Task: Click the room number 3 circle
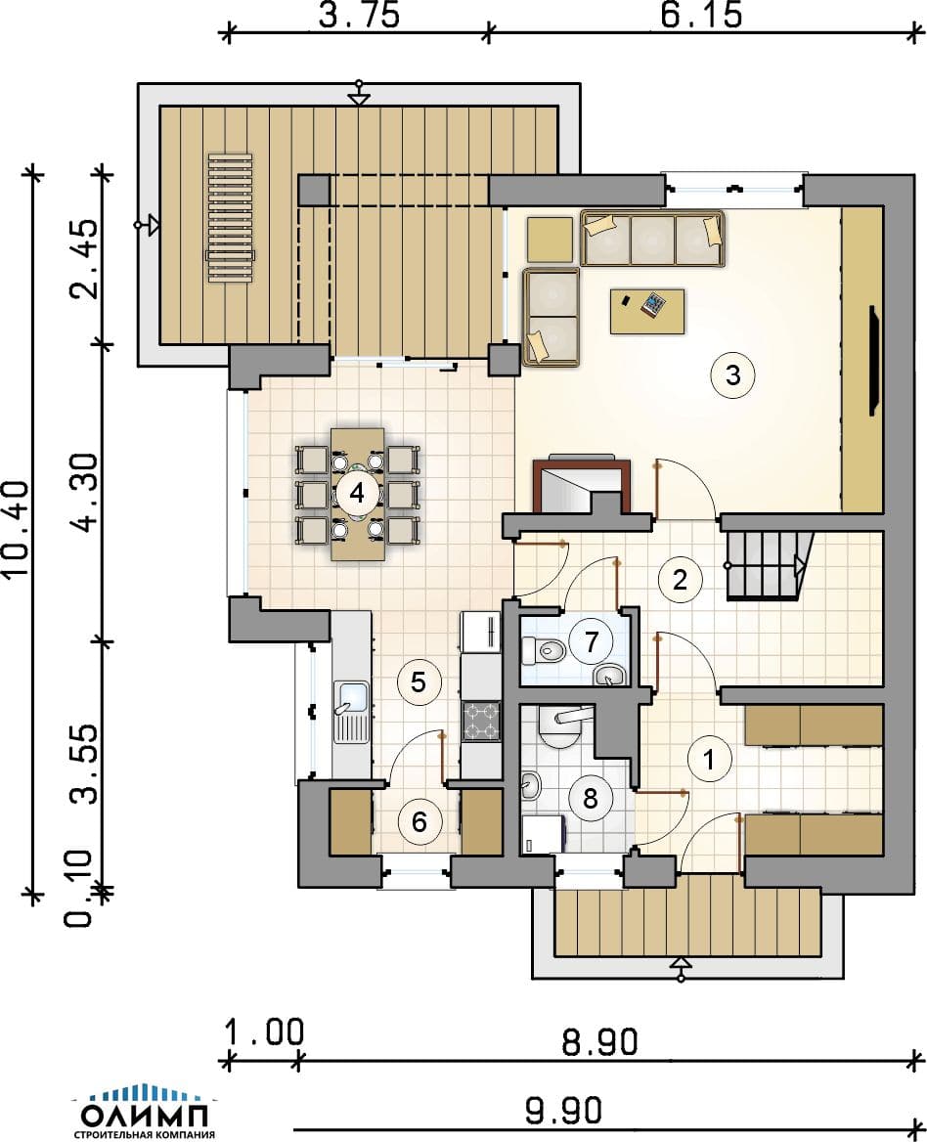point(732,375)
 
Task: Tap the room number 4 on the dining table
point(357,493)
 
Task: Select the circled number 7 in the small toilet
point(592,641)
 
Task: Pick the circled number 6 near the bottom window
point(419,821)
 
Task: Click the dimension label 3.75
point(360,16)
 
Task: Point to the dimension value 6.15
point(702,16)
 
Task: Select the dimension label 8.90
point(600,1042)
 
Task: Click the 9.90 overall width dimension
point(563,1111)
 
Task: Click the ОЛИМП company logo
point(145,1112)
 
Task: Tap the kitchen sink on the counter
point(352,712)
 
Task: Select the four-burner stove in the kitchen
point(481,721)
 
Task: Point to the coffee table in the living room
point(647,311)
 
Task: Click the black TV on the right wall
point(874,361)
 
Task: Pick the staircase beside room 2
point(769,565)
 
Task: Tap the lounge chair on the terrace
point(230,217)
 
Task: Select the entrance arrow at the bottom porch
point(681,969)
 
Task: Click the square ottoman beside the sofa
point(550,239)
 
